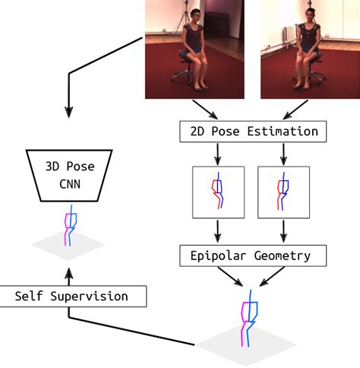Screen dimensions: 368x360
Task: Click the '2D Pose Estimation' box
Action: click(x=252, y=132)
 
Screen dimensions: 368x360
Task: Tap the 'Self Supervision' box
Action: click(x=72, y=296)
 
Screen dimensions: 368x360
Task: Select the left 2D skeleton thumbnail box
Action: click(x=218, y=192)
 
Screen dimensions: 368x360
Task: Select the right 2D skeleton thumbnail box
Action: click(x=283, y=192)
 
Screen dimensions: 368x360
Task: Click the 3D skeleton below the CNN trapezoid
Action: click(x=70, y=226)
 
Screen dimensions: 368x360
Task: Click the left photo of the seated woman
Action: click(x=194, y=49)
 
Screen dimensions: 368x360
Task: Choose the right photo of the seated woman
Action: click(x=310, y=49)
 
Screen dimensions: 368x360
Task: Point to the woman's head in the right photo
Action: click(x=310, y=14)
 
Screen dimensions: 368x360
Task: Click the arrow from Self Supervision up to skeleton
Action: click(x=69, y=275)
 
